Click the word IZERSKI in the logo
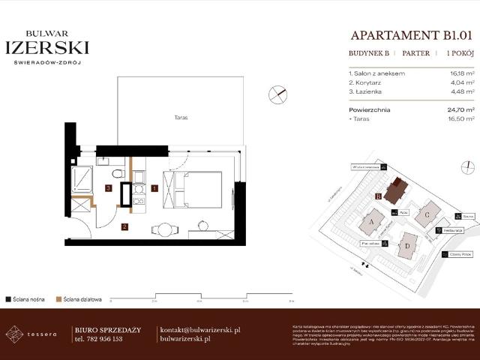pyautogui.click(x=46, y=47)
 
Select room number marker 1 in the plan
pyautogui.click(x=154, y=188)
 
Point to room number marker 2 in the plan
pyautogui.click(x=125, y=226)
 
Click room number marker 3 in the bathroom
pyautogui.click(x=109, y=188)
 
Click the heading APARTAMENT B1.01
pyautogui.click(x=412, y=34)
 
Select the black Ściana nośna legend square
pyautogui.click(x=7, y=298)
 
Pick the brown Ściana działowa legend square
pyautogui.click(x=59, y=298)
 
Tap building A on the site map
pyautogui.click(x=372, y=222)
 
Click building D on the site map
pyautogui.click(x=407, y=244)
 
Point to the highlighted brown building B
pyautogui.click(x=394, y=190)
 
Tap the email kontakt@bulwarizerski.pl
pyautogui.click(x=200, y=330)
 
